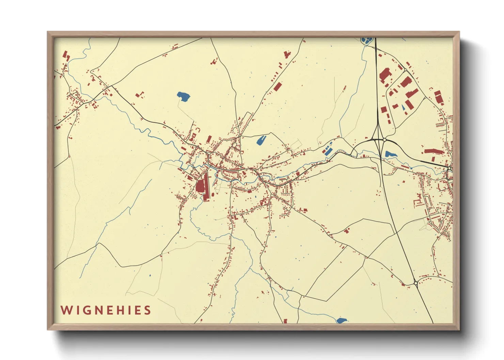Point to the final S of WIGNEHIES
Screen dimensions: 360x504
tap(147, 310)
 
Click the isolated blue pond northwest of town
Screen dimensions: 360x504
tap(184, 97)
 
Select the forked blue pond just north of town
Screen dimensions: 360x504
tap(261, 140)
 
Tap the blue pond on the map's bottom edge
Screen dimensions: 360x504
tap(341, 320)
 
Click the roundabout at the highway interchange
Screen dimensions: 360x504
tap(384, 140)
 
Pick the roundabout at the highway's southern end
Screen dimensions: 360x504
tap(416, 283)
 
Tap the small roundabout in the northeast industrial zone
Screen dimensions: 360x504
tap(405, 70)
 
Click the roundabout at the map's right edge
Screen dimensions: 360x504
tap(450, 168)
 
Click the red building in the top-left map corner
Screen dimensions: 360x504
tap(66, 55)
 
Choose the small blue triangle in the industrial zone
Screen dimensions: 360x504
tap(403, 108)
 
